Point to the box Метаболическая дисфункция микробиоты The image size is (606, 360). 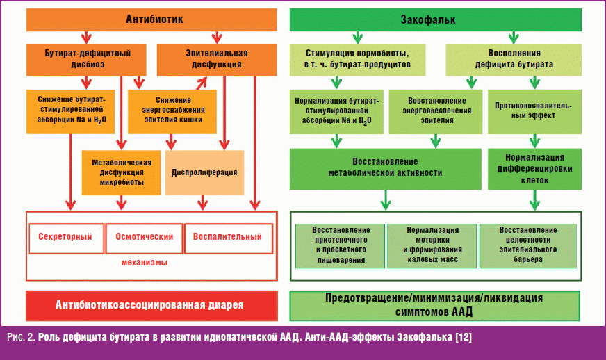117,172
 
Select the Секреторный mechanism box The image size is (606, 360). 65,237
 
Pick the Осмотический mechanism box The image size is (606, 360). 143,237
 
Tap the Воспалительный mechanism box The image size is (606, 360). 227,237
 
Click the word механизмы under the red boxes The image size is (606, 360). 151,263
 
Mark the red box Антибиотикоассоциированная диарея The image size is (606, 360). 151,305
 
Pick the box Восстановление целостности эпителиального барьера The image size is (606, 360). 527,245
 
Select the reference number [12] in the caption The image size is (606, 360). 461,338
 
